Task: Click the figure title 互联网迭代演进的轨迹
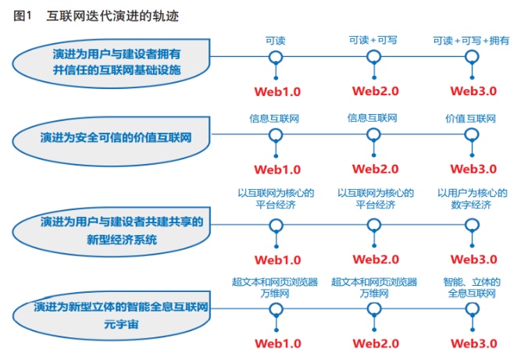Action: click(x=112, y=16)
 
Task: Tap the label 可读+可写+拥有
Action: click(x=471, y=41)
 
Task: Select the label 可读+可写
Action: click(x=373, y=40)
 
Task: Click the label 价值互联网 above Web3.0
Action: click(x=470, y=119)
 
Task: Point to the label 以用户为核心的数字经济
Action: click(x=472, y=198)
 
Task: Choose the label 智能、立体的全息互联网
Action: click(x=472, y=287)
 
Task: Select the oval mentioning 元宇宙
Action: click(x=112, y=315)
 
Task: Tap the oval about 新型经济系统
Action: click(x=112, y=231)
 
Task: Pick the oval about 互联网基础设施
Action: click(x=112, y=63)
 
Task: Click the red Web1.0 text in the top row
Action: click(x=277, y=91)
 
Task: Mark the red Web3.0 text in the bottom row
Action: click(x=473, y=343)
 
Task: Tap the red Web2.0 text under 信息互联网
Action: click(x=376, y=169)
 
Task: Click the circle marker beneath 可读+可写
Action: click(x=374, y=57)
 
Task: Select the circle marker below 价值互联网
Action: click(x=472, y=135)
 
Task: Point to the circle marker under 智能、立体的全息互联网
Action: click(x=472, y=309)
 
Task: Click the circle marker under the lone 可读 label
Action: click(x=276, y=57)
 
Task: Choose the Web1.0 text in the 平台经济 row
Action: click(x=278, y=260)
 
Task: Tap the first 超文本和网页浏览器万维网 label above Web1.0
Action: click(x=275, y=287)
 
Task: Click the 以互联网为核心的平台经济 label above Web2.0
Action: click(x=376, y=198)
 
